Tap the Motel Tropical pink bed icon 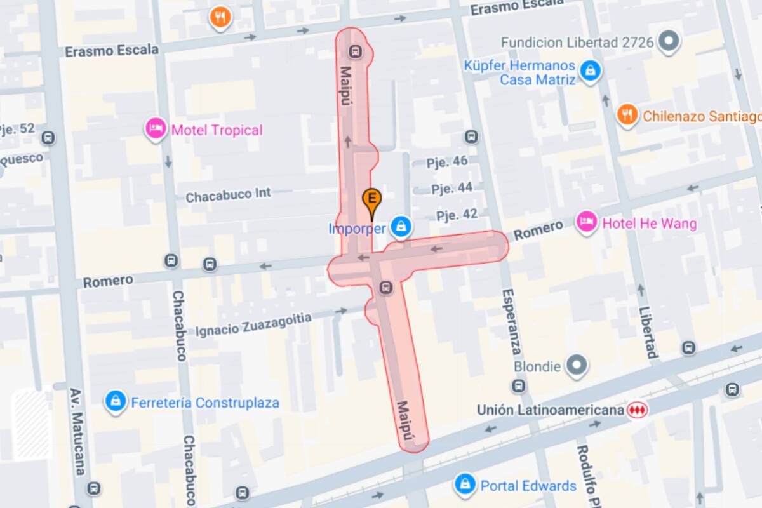click(x=156, y=130)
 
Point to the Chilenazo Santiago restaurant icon click(x=627, y=115)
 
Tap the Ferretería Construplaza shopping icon click(x=116, y=402)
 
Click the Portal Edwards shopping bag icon click(x=466, y=485)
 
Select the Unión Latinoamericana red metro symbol click(x=636, y=410)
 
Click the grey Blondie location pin click(x=577, y=365)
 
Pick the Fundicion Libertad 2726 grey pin click(x=668, y=42)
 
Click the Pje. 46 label click(x=447, y=161)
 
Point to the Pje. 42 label click(x=457, y=215)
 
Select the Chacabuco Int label click(x=228, y=195)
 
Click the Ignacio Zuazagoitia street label click(x=253, y=324)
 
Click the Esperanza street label click(x=511, y=322)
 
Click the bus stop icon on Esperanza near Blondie click(x=519, y=385)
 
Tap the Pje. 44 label click(x=451, y=189)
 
